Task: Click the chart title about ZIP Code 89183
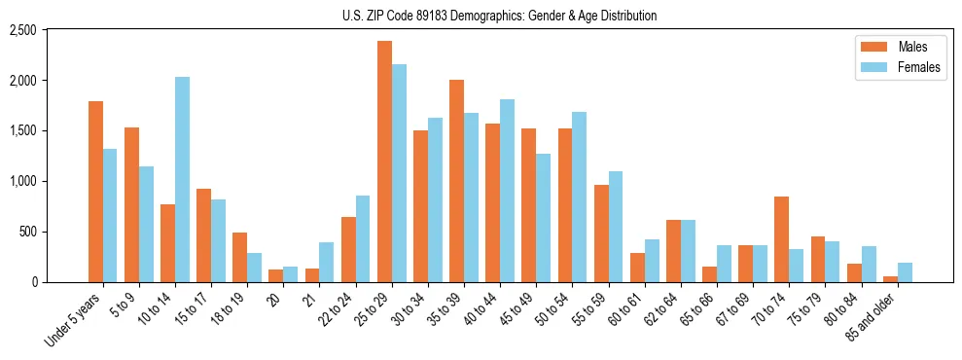pos(499,16)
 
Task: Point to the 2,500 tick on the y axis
pos(22,30)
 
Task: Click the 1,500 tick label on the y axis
pos(22,131)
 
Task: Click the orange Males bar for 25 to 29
pos(384,162)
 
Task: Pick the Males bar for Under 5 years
pos(95,192)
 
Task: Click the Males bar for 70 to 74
pos(781,239)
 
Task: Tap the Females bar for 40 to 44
pos(507,191)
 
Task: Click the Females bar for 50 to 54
pos(579,198)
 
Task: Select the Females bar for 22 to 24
pos(363,239)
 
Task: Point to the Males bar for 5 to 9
pos(131,205)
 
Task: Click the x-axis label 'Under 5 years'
pos(74,321)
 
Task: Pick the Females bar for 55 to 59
pos(615,227)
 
